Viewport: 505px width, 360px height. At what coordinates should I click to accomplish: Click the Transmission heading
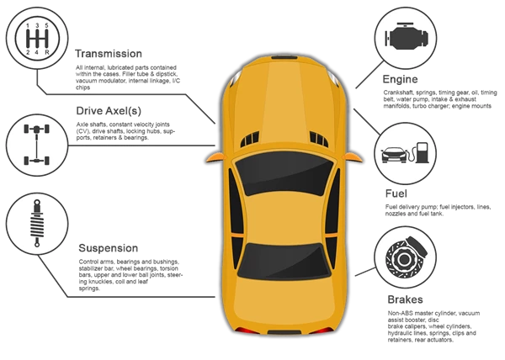[109, 53]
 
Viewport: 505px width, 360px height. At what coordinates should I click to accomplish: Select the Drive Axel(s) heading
[109, 111]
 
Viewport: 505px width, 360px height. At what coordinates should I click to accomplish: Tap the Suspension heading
[109, 248]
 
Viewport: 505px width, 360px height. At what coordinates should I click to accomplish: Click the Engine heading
[400, 79]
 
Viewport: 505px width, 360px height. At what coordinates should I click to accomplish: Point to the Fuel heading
[396, 193]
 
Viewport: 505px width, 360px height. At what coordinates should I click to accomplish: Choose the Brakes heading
[405, 299]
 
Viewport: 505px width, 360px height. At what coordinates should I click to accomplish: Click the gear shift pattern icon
[37, 39]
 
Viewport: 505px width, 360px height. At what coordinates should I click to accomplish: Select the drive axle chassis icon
[37, 145]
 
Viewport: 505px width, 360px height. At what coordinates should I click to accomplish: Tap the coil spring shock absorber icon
[37, 223]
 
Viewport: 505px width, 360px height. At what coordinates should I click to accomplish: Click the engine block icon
[407, 36]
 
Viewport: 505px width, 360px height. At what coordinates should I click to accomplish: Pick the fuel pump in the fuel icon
[423, 152]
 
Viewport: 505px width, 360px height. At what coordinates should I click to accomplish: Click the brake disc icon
[407, 257]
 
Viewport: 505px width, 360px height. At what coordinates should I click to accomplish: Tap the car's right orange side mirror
[353, 157]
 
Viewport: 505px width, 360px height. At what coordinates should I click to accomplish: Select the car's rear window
[284, 261]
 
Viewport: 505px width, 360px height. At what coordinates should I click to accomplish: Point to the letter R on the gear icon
[47, 52]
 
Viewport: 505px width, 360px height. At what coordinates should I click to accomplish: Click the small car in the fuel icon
[394, 155]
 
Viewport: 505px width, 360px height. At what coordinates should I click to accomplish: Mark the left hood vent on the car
[250, 139]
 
